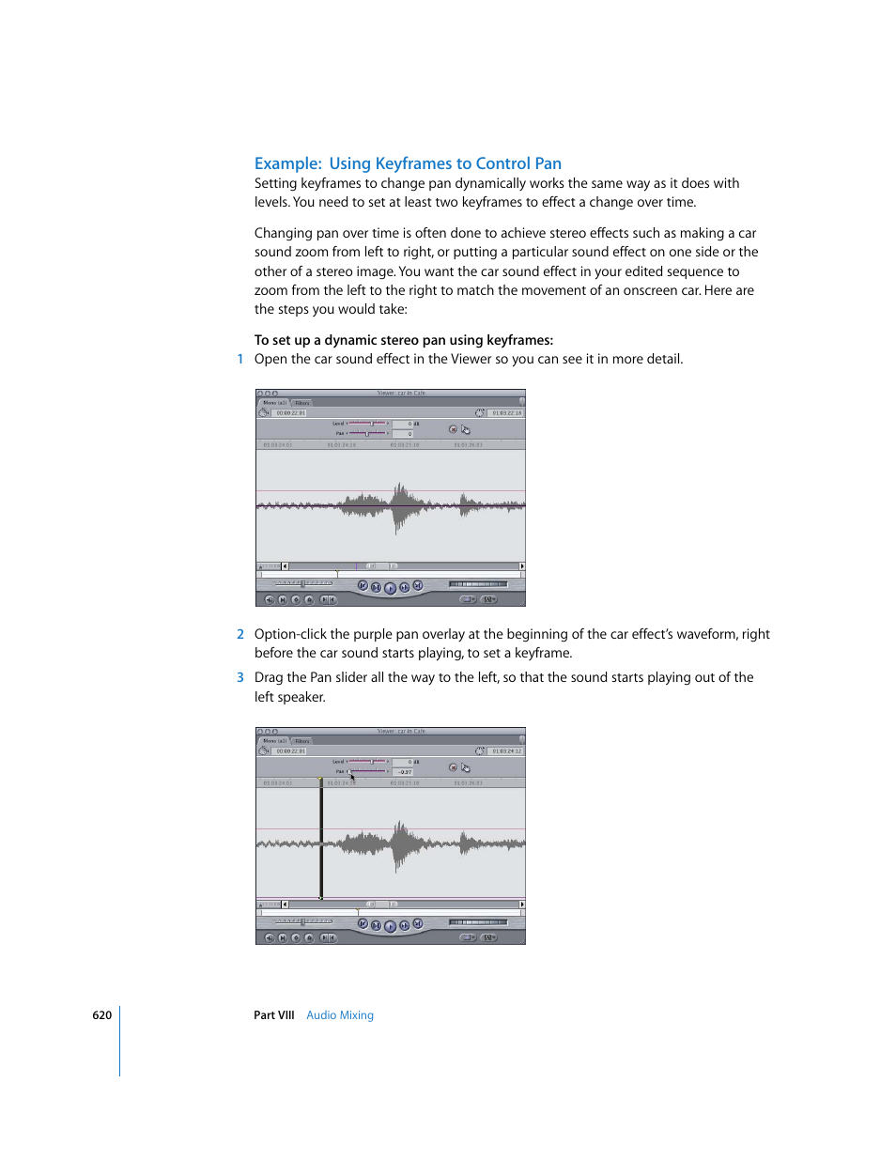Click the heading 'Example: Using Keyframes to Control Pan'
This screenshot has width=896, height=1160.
(x=408, y=163)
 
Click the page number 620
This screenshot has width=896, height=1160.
(x=101, y=1015)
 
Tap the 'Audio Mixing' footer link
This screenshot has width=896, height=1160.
(x=340, y=1015)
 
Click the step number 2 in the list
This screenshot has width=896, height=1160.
(x=240, y=634)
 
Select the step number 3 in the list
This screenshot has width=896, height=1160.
(x=240, y=677)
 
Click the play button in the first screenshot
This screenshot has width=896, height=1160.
(x=390, y=588)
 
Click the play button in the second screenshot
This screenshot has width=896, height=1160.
(x=390, y=926)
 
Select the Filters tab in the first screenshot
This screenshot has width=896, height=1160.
(x=302, y=403)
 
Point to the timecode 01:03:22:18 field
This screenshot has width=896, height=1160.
(x=506, y=412)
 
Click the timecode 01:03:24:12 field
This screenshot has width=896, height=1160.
(x=506, y=750)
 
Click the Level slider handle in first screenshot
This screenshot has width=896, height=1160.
(x=372, y=424)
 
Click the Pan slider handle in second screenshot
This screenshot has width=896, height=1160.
(x=349, y=772)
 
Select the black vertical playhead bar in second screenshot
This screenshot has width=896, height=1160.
(x=321, y=841)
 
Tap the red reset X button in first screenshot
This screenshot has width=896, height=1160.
(x=453, y=429)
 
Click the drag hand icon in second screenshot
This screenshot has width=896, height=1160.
(x=465, y=767)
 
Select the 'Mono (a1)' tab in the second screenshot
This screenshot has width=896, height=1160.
(x=274, y=741)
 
